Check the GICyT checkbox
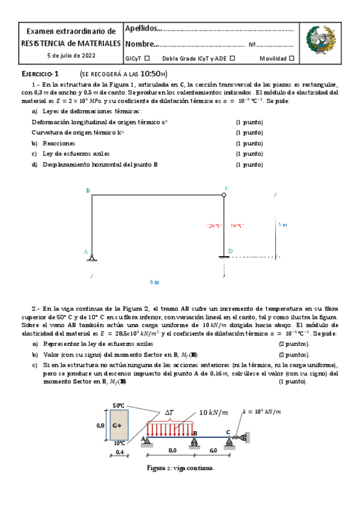[147, 58]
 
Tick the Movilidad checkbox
[291, 58]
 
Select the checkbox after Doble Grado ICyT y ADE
[233, 58]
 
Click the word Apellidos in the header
[142, 28]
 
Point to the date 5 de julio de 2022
[72, 55]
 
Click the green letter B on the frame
[88, 191]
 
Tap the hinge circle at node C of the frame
[224, 195]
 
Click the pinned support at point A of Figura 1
[91, 258]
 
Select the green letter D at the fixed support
[230, 251]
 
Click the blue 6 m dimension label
[155, 281]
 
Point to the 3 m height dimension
[282, 224]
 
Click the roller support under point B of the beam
[194, 443]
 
